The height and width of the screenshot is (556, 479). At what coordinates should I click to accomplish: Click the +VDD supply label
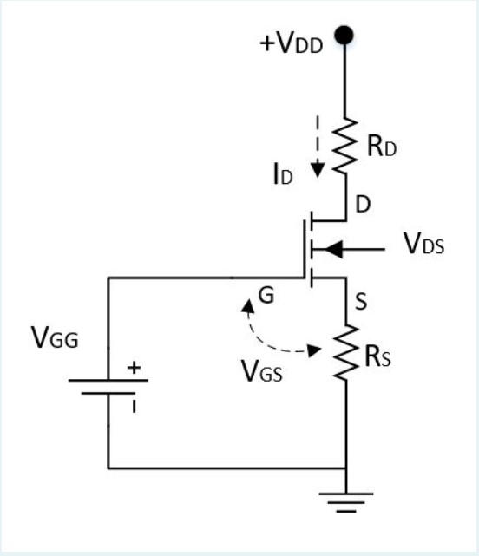pyautogui.click(x=292, y=44)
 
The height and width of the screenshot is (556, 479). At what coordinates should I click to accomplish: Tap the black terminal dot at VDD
pyautogui.click(x=345, y=35)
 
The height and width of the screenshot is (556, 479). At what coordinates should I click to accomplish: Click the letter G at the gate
pyautogui.click(x=267, y=296)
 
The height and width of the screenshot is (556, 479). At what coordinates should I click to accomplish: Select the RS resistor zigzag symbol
pyautogui.click(x=345, y=351)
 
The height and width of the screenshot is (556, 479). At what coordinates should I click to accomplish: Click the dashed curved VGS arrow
pyautogui.click(x=260, y=334)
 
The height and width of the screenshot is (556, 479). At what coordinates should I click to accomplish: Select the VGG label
pyautogui.click(x=55, y=339)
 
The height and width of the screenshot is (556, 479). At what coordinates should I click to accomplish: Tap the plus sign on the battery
pyautogui.click(x=134, y=367)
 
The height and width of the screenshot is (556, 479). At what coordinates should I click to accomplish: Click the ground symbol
pyautogui.click(x=345, y=500)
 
